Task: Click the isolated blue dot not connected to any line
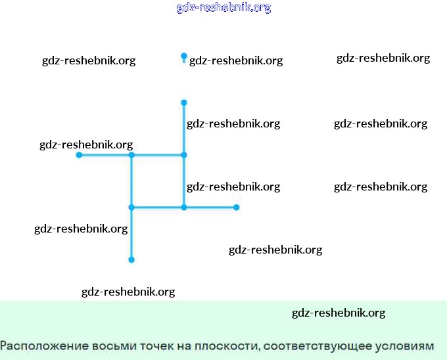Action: click(184, 56)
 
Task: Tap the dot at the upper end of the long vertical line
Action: click(184, 102)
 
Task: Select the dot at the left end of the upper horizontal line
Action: click(79, 155)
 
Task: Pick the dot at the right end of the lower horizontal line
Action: click(237, 208)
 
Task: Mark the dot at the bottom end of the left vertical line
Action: click(131, 260)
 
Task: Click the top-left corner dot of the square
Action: click(131, 155)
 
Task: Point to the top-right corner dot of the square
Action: click(184, 155)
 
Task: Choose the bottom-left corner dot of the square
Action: click(131, 208)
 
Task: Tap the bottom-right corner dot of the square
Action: click(184, 208)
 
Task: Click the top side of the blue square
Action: click(158, 155)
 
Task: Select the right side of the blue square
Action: click(184, 181)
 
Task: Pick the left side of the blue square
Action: click(131, 181)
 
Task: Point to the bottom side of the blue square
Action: click(158, 208)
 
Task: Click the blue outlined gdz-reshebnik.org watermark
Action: click(223, 8)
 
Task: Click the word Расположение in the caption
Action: click(37, 346)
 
